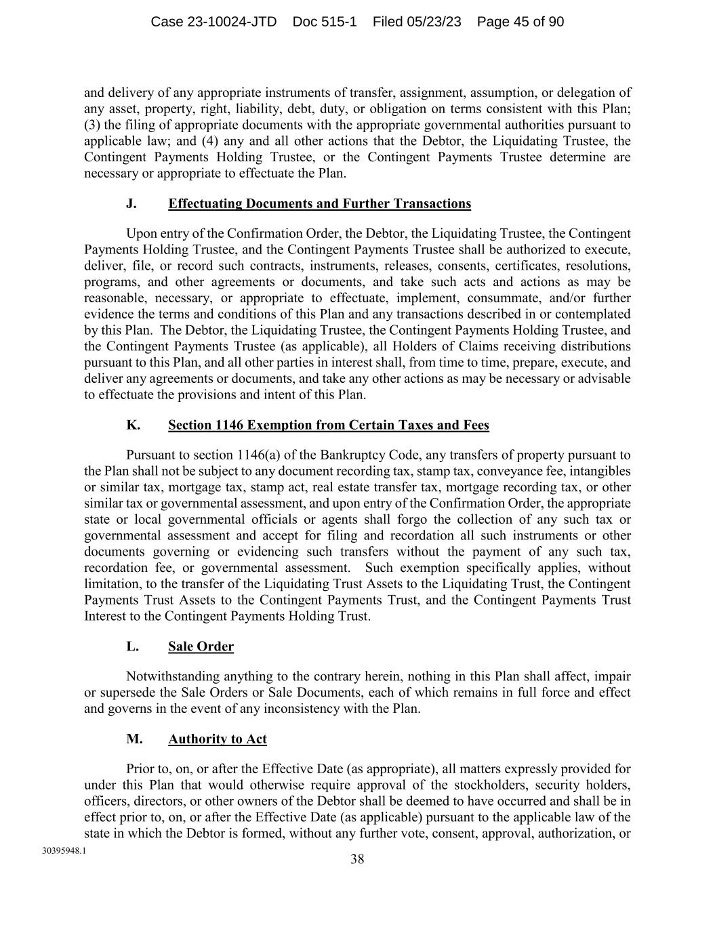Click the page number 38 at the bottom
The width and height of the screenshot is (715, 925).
point(357,860)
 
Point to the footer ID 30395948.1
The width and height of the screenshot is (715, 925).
point(63,850)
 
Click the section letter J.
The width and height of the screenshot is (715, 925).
point(131,204)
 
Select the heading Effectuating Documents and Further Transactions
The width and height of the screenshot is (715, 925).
point(319,204)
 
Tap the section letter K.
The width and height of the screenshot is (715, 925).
point(133,425)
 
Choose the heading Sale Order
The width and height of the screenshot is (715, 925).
point(201,646)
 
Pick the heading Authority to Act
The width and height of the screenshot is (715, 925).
point(217,739)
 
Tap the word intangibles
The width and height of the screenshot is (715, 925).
point(599,471)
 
